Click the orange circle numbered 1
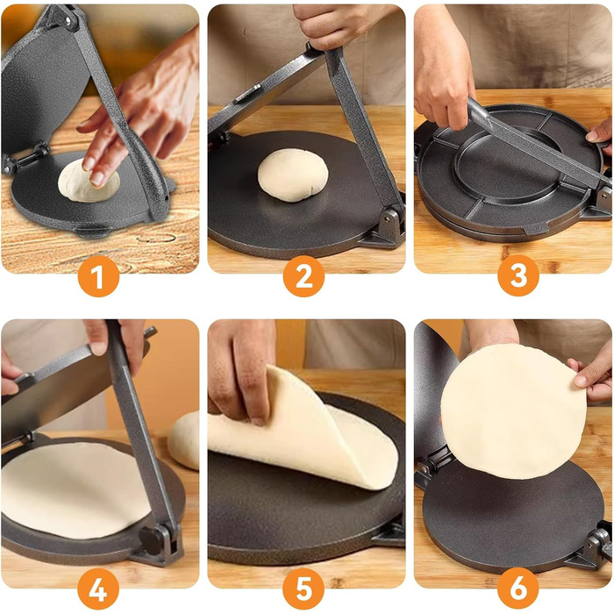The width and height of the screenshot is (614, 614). pyautogui.click(x=98, y=276)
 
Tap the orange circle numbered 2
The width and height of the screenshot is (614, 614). pyautogui.click(x=303, y=276)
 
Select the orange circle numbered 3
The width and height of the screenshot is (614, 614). pyautogui.click(x=518, y=275)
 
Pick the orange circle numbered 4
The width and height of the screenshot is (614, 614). pyautogui.click(x=98, y=589)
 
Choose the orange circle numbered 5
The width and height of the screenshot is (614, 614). pyautogui.click(x=303, y=589)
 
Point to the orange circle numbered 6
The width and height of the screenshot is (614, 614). pyautogui.click(x=518, y=589)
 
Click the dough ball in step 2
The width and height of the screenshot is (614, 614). pyautogui.click(x=293, y=175)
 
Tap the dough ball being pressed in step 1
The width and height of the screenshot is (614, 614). pyautogui.click(x=89, y=182)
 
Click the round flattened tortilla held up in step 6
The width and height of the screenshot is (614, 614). pyautogui.click(x=514, y=411)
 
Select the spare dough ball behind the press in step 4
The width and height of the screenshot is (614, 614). pyautogui.click(x=184, y=440)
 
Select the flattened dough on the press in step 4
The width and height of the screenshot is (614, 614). pyautogui.click(x=75, y=489)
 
